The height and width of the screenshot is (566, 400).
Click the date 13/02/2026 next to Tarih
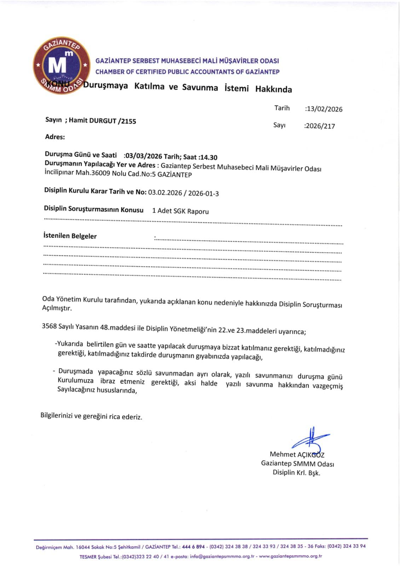pos(324,109)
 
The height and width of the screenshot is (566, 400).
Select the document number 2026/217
pos(320,126)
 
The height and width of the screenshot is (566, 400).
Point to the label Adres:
pos(55,137)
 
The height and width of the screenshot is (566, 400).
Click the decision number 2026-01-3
pos(203,193)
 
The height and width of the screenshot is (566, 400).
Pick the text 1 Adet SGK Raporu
pos(180,211)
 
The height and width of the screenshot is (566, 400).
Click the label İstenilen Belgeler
pos(70,236)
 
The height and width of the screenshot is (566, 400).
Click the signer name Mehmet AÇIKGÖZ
pos(297,454)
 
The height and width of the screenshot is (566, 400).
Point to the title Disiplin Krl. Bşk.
pos(296,473)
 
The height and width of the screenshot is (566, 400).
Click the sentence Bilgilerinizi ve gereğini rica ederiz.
pos(91,416)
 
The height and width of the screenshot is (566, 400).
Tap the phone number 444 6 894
pos(193,547)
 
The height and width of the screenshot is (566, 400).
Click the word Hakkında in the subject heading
pos(273,89)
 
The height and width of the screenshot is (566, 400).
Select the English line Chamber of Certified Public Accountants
pos(187,72)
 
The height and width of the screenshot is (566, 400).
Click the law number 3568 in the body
pos(49,326)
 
